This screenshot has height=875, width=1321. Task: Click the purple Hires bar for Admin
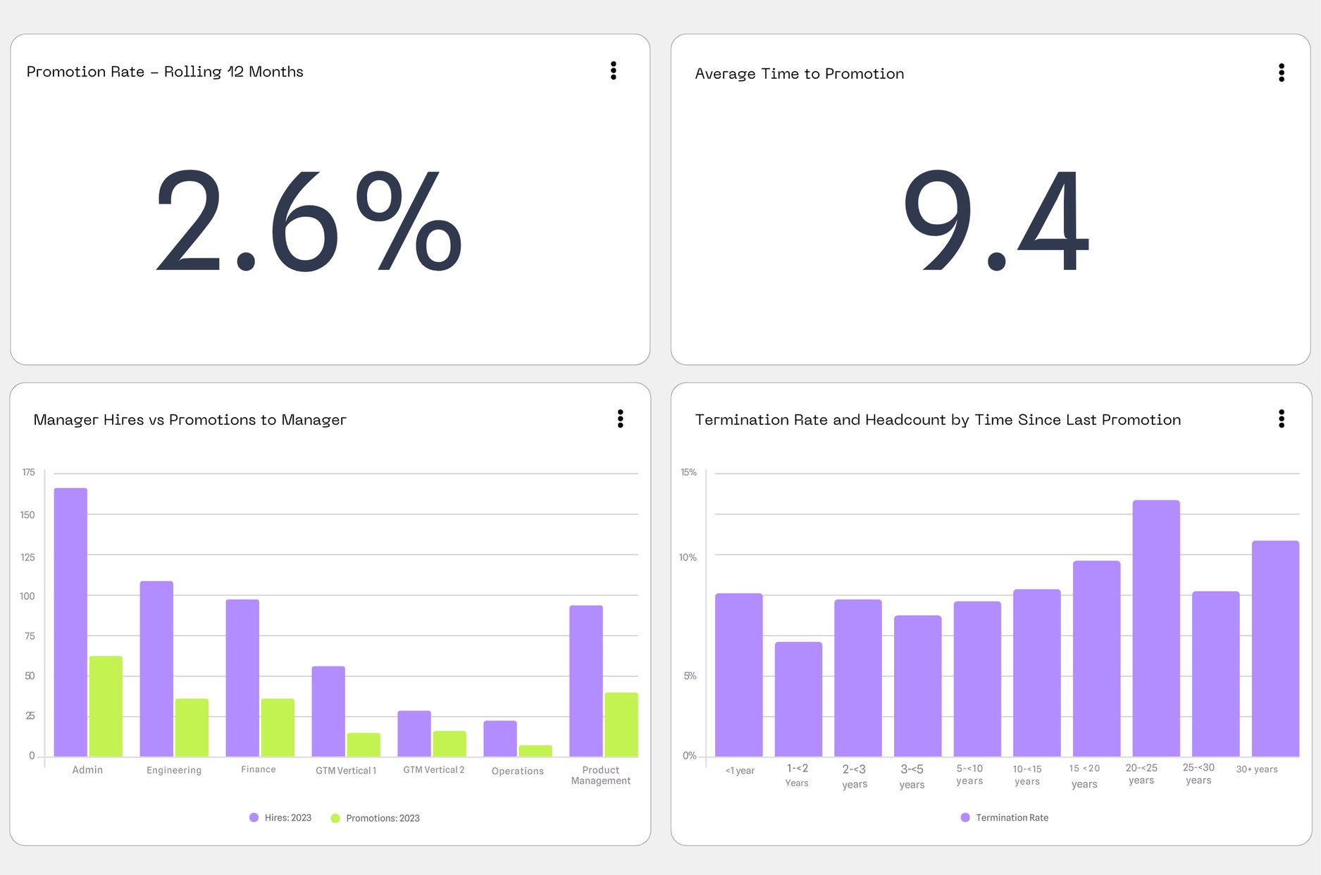(x=70, y=622)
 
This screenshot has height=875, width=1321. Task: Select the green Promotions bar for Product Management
(x=621, y=724)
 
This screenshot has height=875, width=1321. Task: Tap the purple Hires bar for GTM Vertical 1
(x=328, y=711)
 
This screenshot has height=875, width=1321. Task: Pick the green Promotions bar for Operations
(x=535, y=751)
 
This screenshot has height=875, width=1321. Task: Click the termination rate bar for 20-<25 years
(x=1155, y=628)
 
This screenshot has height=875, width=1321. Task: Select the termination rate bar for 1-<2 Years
(x=798, y=699)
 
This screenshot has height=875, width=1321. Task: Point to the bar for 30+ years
(x=1275, y=648)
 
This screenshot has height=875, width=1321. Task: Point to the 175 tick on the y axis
(x=28, y=472)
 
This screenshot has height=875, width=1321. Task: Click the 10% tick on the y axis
(x=688, y=557)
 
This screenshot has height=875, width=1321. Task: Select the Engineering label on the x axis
(x=174, y=770)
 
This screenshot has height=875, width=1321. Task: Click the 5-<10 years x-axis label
(x=969, y=774)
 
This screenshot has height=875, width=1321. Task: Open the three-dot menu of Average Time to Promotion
(x=1281, y=73)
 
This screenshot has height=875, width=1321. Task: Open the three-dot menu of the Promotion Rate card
(x=613, y=70)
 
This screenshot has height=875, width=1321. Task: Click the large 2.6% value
(x=308, y=221)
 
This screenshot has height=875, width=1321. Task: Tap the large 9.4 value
(x=996, y=221)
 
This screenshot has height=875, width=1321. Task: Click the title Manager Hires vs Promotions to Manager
(x=190, y=420)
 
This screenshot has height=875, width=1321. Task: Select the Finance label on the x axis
(x=259, y=769)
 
